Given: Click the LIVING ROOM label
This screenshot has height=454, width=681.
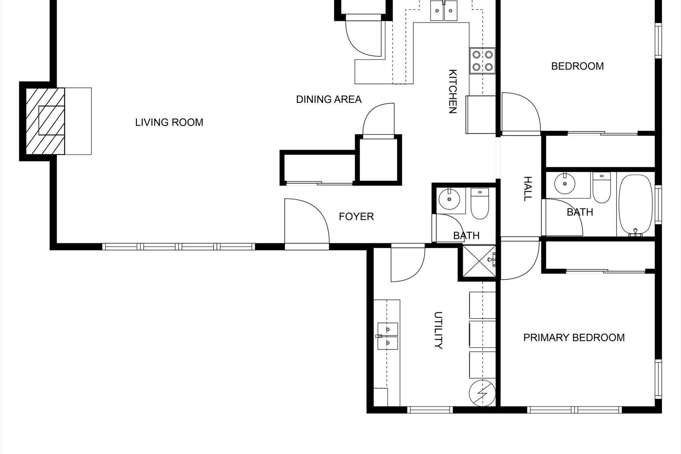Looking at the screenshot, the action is point(169,122).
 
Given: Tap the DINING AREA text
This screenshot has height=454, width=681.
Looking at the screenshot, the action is point(329,99).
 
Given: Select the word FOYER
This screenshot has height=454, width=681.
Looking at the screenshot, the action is point(356,216).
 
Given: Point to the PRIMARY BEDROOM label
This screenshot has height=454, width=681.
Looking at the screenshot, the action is point(574,337).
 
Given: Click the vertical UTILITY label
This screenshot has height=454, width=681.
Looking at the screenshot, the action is point(438,330).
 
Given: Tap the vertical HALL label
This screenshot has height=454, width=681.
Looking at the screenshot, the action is point(528,189).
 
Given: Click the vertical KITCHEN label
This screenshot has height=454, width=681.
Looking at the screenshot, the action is point(453,91).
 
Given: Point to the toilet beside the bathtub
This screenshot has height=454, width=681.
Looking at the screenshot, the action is point(601,188).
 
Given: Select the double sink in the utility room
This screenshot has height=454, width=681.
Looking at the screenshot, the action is point(387,335).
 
